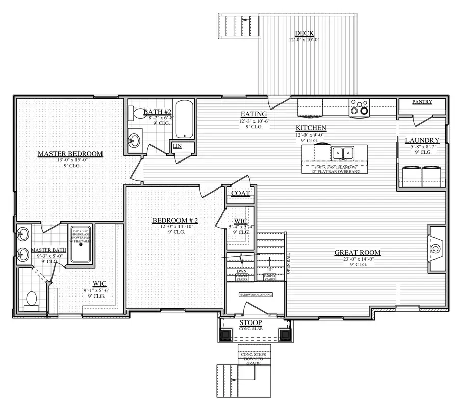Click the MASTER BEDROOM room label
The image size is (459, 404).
point(70,154)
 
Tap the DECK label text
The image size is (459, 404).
point(304,34)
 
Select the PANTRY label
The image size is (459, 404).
point(422,102)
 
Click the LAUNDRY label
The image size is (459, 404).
point(422,141)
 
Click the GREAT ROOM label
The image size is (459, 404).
point(357,253)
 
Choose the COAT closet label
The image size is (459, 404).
point(240,194)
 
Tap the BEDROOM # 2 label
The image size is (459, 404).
point(175,221)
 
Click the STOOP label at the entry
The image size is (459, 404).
point(250,323)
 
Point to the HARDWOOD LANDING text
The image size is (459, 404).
point(256,295)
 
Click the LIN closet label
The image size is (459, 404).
point(177,147)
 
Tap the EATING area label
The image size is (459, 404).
point(253,114)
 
